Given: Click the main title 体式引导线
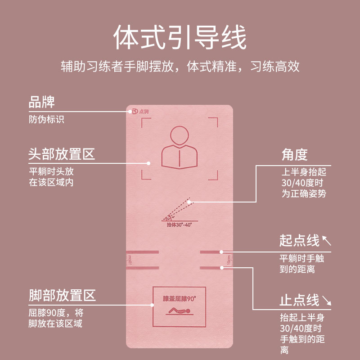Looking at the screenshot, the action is pyautogui.click(x=180, y=38).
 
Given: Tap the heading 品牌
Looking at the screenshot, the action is pyautogui.click(x=42, y=102).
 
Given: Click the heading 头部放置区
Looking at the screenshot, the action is pyautogui.click(x=62, y=155).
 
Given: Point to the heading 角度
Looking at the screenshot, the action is pyautogui.click(x=294, y=155).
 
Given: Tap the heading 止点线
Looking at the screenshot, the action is pyautogui.click(x=299, y=300).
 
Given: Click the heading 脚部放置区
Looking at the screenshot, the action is pyautogui.click(x=62, y=296).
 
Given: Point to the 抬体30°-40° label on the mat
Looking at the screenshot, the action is pyautogui.click(x=180, y=224).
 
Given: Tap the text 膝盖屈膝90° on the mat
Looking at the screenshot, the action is pyautogui.click(x=180, y=298).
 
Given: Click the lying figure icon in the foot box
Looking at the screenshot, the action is pyautogui.click(x=179, y=310).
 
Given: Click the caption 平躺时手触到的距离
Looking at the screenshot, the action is pyautogui.click(x=303, y=264).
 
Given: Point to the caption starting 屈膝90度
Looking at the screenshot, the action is pyautogui.click(x=56, y=318).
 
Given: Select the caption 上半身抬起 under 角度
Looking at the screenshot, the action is pyautogui.click(x=304, y=183).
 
